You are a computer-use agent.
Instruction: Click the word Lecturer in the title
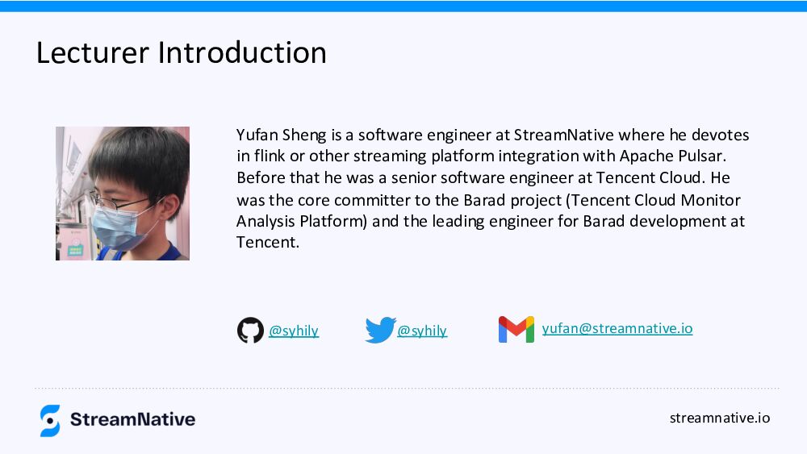click(93, 52)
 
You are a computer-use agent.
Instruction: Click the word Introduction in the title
click(242, 52)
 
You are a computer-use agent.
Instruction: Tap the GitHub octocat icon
click(250, 330)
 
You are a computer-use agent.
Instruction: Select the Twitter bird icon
click(380, 330)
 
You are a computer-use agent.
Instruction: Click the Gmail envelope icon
click(516, 330)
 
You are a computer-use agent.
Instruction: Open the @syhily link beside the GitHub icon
click(294, 331)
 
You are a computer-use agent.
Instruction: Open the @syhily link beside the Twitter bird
click(422, 331)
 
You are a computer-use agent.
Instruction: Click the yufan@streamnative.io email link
click(617, 328)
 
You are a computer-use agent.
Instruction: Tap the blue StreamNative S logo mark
click(50, 421)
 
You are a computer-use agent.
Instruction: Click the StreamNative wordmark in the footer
click(133, 419)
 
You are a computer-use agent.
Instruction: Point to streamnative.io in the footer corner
click(720, 418)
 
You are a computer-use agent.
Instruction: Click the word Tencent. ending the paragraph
click(268, 242)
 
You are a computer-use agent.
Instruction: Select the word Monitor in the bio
click(711, 200)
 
